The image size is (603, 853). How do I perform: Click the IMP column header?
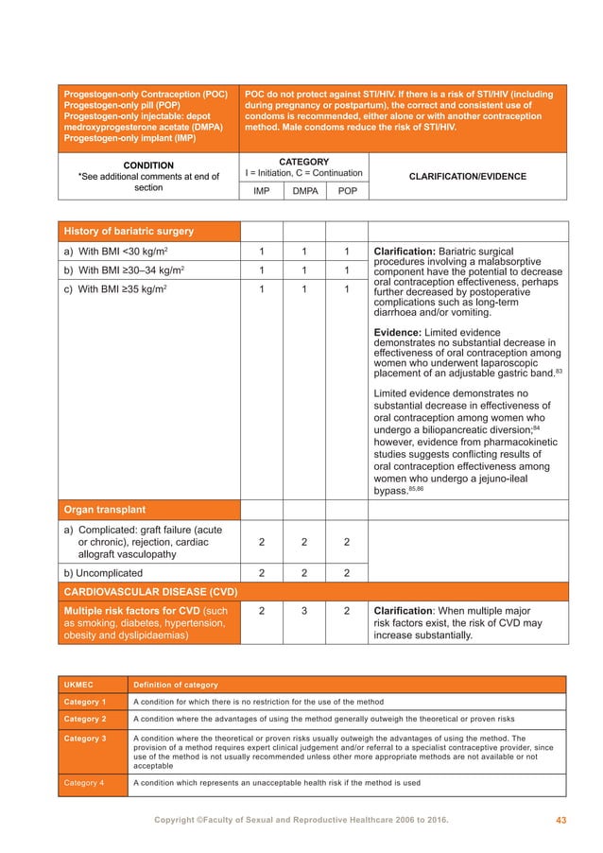pyautogui.click(x=262, y=190)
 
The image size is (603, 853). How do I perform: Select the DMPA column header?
pyautogui.click(x=304, y=190)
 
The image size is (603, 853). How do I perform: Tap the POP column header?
pyautogui.click(x=347, y=190)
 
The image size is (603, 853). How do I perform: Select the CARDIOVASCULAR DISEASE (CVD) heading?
pyautogui.click(x=149, y=592)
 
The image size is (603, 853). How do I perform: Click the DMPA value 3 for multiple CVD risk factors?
pyautogui.click(x=304, y=611)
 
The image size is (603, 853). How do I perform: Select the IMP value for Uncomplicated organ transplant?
pyautogui.click(x=262, y=573)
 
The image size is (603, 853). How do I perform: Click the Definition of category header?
pyautogui.click(x=176, y=684)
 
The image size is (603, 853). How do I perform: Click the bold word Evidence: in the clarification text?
pyautogui.click(x=399, y=331)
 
